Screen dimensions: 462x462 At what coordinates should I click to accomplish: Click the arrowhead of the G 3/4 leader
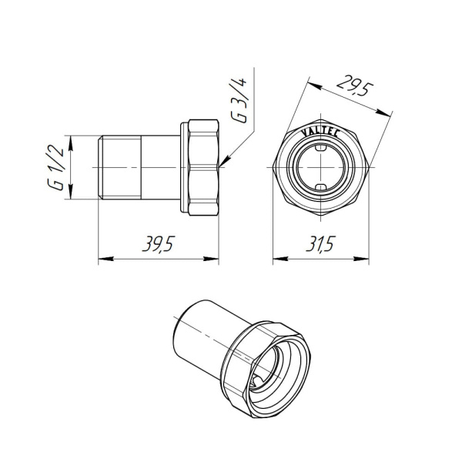click(x=222, y=163)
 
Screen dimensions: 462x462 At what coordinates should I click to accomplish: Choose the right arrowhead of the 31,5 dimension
click(x=361, y=259)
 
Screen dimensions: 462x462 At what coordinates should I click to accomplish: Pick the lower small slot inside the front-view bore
click(x=320, y=188)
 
